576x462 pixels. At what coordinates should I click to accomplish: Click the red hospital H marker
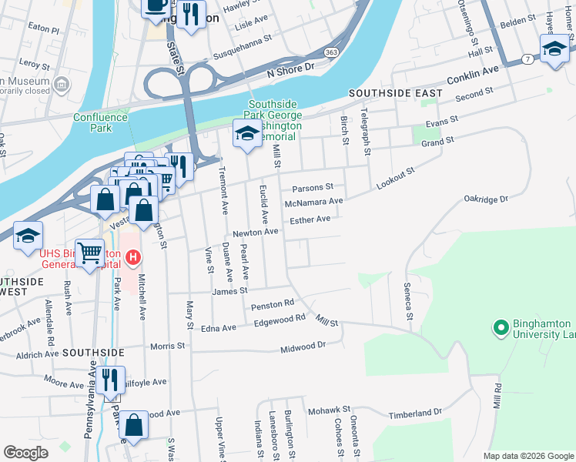(132, 256)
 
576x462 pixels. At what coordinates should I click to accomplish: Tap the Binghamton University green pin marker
(501, 329)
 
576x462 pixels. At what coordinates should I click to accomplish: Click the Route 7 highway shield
(525, 59)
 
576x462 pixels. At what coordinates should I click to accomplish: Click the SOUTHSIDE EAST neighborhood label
(395, 93)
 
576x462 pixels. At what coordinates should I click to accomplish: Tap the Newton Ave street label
(255, 232)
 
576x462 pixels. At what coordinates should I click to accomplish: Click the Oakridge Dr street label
(486, 199)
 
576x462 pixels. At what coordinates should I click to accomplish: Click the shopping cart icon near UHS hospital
(90, 252)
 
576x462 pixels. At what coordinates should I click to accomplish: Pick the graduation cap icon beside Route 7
(553, 50)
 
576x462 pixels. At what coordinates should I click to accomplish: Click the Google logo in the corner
(25, 453)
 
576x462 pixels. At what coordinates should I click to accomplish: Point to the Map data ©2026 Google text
(528, 456)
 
